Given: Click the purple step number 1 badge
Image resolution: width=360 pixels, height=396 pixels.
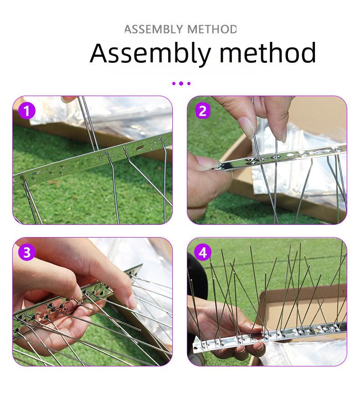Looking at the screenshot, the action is click(x=26, y=111).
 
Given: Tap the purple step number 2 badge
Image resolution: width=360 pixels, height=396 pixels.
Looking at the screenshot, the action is click(x=203, y=111).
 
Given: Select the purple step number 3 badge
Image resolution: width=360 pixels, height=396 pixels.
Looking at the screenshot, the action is click(x=26, y=252).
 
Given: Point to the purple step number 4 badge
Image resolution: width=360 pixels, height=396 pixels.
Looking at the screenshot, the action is click(x=203, y=252).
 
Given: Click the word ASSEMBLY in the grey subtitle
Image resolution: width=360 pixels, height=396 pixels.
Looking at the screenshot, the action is click(x=154, y=29).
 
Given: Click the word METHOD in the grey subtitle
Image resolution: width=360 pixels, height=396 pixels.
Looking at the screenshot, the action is click(x=212, y=29).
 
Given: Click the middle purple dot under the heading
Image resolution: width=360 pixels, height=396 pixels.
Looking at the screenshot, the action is click(x=181, y=83).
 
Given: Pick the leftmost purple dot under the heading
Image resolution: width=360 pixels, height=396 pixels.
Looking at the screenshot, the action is click(x=174, y=83).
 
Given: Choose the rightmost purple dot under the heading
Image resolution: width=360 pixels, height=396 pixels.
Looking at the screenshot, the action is click(x=189, y=83).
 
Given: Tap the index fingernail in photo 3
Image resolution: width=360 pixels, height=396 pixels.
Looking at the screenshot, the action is click(x=132, y=301).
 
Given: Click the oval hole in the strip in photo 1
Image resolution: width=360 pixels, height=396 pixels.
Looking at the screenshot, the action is click(x=139, y=147).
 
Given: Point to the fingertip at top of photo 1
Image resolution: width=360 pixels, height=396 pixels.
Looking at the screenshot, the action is click(x=69, y=99).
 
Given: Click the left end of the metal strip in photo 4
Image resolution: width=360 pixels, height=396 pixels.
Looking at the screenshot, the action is click(x=195, y=348).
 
